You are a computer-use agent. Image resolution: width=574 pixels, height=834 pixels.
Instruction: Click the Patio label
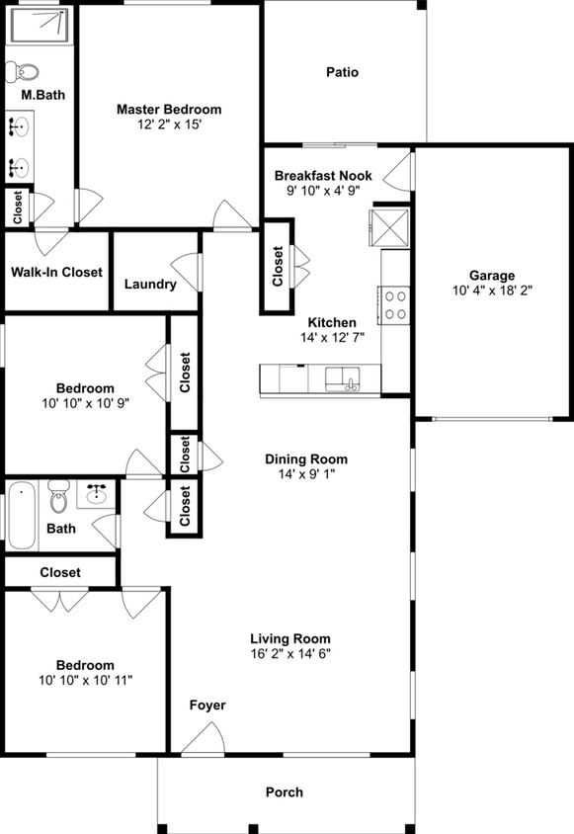342,72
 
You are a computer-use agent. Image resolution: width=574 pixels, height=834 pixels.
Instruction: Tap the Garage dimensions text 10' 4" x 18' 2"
491,292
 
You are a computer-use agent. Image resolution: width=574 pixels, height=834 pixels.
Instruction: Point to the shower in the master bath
39,25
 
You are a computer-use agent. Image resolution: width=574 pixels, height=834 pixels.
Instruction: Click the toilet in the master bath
23,71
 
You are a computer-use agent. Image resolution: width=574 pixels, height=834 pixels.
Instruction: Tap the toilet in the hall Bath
59,498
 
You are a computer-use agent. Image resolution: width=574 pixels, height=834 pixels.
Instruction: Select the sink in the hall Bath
97,494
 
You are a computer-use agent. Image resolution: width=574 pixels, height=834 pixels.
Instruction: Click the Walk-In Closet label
56,272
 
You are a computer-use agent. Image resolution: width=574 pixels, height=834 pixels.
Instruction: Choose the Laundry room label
150,285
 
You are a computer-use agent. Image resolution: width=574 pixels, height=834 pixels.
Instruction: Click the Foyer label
207,705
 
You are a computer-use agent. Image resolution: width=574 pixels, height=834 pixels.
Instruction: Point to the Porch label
285,792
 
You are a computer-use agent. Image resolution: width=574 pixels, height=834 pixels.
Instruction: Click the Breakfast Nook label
323,175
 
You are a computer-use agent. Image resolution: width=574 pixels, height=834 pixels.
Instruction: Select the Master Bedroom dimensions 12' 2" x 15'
169,125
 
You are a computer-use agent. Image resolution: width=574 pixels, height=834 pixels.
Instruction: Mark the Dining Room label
306,459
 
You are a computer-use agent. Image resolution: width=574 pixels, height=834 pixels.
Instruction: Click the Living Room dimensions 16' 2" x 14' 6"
289,653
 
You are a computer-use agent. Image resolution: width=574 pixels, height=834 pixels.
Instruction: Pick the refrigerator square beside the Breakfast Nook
390,227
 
